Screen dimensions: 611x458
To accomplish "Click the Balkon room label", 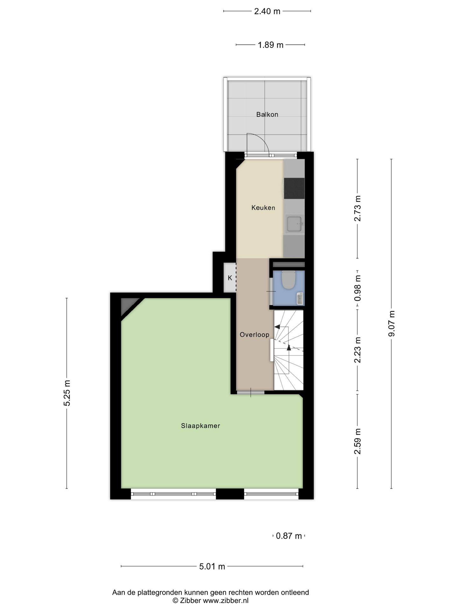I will (x=267, y=115).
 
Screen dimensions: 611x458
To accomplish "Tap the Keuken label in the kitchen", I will (x=263, y=208).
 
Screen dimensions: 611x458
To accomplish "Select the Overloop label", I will (x=254, y=335).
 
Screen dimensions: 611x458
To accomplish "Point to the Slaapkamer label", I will (x=200, y=426).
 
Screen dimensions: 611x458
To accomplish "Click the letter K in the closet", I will (x=230, y=278).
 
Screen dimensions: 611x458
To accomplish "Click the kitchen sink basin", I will (x=294, y=223).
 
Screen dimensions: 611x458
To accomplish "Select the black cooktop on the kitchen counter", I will (x=294, y=188).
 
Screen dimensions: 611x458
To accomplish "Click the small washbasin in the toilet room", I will (x=300, y=299).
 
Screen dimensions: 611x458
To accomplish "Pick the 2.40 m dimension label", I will (x=267, y=11).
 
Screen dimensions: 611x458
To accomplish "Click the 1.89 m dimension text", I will (x=270, y=45).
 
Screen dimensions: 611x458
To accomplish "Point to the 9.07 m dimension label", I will (x=392, y=323).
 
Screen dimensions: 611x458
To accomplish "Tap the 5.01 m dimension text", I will (x=212, y=566).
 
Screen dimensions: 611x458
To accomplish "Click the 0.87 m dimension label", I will (x=289, y=536).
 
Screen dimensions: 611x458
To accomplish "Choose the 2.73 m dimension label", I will (x=358, y=208).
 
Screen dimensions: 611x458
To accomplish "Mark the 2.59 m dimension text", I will (x=358, y=442).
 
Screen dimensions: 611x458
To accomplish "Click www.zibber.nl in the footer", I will (x=226, y=601).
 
